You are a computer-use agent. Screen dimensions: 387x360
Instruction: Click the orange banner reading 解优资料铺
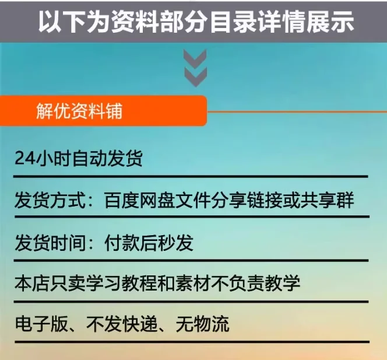103,111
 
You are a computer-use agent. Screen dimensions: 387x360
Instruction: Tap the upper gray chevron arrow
195,59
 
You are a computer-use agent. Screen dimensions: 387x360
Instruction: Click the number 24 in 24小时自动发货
25,158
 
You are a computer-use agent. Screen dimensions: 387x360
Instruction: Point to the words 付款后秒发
149,243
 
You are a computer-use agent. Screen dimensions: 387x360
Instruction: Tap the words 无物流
202,324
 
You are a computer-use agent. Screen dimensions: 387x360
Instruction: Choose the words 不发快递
122,324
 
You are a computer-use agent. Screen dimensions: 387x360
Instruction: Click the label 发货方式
50,200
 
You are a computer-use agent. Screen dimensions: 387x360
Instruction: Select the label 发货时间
50,243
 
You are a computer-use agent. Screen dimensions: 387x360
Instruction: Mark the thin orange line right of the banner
297,111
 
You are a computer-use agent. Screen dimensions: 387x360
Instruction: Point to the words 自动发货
107,158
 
